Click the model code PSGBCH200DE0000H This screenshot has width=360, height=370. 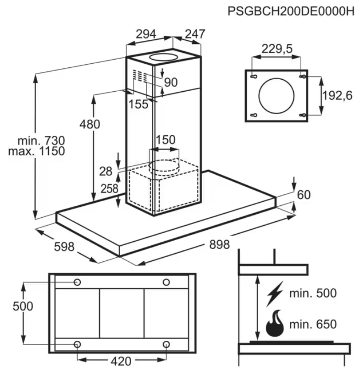(x=291, y=11)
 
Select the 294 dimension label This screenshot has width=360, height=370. (x=146, y=34)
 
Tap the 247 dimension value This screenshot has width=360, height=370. (x=195, y=34)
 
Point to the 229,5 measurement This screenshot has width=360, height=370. (x=277, y=49)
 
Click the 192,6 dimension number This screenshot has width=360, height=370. (x=338, y=95)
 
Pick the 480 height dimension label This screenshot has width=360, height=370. (x=90, y=124)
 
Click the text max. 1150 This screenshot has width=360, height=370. (x=36, y=151)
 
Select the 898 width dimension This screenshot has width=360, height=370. (x=220, y=244)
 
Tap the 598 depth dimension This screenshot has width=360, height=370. (x=64, y=247)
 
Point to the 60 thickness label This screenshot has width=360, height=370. (x=304, y=195)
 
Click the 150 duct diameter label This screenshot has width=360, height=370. (x=166, y=140)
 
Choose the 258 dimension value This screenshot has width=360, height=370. (x=109, y=188)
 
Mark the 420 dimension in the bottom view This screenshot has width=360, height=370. (x=121, y=361)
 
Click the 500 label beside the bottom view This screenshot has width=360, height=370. (x=23, y=306)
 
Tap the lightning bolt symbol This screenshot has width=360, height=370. (x=275, y=294)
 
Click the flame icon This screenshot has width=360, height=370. (x=275, y=323)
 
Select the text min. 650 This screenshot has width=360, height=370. (x=313, y=324)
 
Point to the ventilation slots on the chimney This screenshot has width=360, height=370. (x=139, y=76)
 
